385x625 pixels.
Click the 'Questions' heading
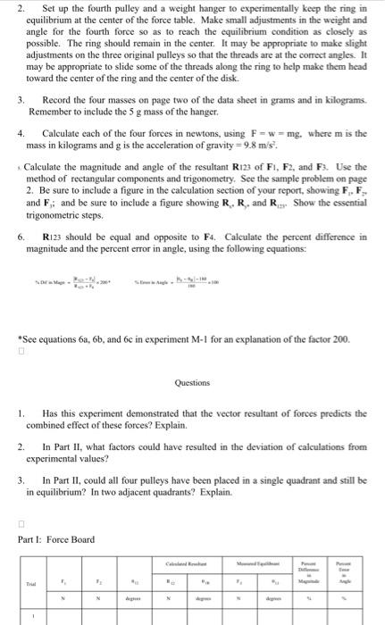tap(192, 382)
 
